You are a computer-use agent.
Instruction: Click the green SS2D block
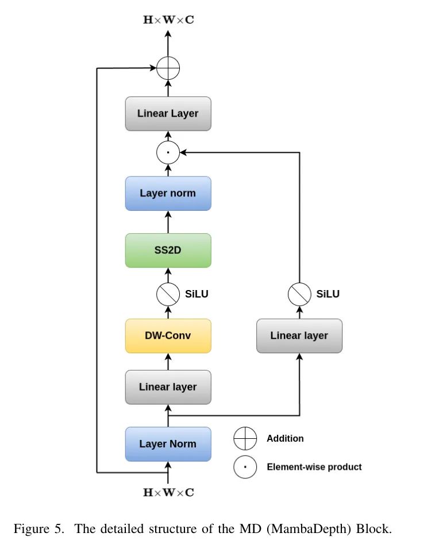(x=168, y=250)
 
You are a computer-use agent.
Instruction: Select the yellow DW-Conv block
(x=168, y=335)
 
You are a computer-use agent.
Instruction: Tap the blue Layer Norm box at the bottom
(x=168, y=444)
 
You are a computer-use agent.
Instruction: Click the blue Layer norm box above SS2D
(x=168, y=193)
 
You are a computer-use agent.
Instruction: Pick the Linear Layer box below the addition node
(x=168, y=113)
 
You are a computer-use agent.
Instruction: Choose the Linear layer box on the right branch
(x=299, y=335)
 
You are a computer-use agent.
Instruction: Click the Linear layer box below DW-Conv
(x=168, y=387)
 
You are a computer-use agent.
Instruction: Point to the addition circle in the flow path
(x=168, y=69)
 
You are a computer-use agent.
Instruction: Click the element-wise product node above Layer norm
(x=168, y=153)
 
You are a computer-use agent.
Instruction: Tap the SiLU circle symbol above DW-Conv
(x=168, y=294)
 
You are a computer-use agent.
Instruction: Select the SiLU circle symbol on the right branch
(x=299, y=294)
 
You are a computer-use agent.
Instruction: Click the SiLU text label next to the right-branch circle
(x=328, y=294)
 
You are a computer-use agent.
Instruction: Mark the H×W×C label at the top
(x=168, y=20)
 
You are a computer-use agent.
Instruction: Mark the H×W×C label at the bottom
(x=168, y=492)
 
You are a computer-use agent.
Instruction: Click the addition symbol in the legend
(x=245, y=439)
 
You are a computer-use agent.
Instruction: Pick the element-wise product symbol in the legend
(x=245, y=467)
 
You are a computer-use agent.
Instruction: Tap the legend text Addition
(x=285, y=438)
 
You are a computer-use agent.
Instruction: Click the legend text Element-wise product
(x=314, y=467)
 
